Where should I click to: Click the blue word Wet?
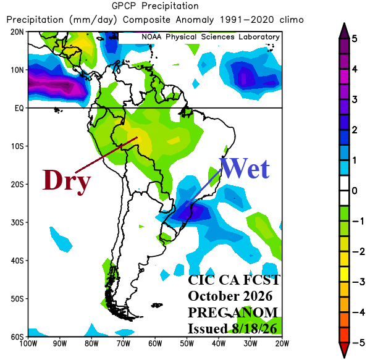tap(245, 169)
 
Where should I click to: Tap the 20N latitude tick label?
tap(17, 32)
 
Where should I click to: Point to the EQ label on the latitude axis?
tap(19, 108)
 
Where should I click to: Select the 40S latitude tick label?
tap(17, 261)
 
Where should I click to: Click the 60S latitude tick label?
tap(17, 337)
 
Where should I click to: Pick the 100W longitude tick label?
tap(28, 344)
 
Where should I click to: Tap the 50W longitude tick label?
tap(187, 344)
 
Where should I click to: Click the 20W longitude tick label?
tap(282, 344)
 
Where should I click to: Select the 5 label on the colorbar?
tap(355, 38)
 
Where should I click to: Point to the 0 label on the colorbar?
tap(355, 191)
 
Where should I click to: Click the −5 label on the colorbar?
tap(359, 343)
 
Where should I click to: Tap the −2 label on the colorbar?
tap(359, 251)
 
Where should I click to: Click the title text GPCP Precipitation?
tap(155, 6)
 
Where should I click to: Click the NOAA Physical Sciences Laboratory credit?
tap(211, 37)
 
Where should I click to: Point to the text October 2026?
tap(230, 296)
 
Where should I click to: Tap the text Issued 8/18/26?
tap(232, 329)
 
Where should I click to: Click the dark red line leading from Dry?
tap(106, 155)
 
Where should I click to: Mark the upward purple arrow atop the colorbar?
tap(344, 31)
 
